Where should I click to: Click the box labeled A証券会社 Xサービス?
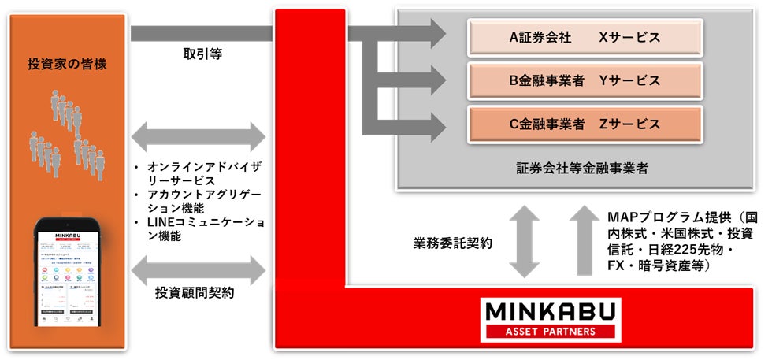[585, 37]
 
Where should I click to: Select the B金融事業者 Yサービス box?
[585, 80]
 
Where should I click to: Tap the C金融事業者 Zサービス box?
[585, 124]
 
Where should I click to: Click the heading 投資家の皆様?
[67, 64]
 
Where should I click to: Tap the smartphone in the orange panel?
[67, 276]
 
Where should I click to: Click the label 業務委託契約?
[454, 243]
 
